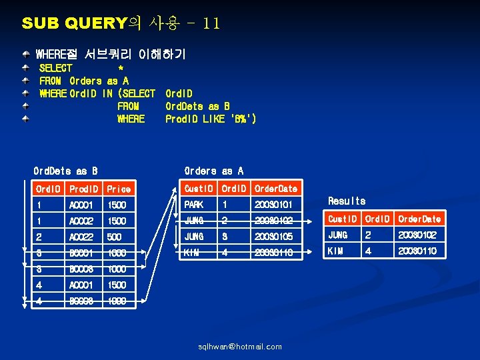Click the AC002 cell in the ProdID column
click(x=81, y=221)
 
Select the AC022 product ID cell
click(x=81, y=237)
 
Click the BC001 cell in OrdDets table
click(x=81, y=253)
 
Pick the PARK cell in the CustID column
click(x=194, y=205)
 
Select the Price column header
click(x=119, y=189)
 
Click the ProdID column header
click(x=83, y=189)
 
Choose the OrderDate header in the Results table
click(x=419, y=219)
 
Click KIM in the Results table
click(x=335, y=251)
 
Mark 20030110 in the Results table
click(x=418, y=251)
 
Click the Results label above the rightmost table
click(x=347, y=201)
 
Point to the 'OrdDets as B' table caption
click(x=65, y=171)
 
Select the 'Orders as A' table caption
click(x=213, y=171)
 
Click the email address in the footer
click(x=240, y=347)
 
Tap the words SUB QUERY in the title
click(x=73, y=24)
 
